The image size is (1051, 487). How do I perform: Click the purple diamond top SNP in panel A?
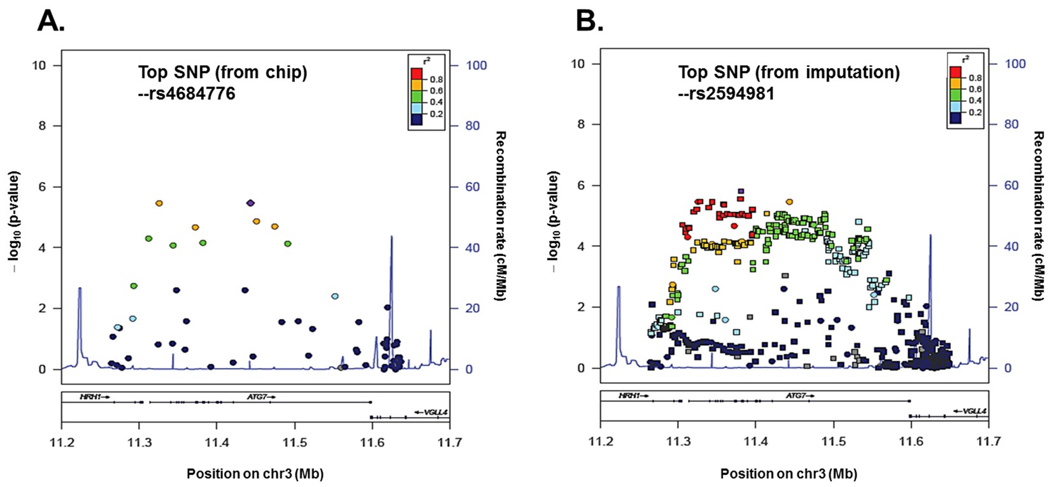tap(250, 203)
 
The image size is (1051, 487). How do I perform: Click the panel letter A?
tap(50, 21)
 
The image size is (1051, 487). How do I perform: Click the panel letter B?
tap(589, 21)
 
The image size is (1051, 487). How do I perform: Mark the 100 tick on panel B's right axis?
tap(1015, 64)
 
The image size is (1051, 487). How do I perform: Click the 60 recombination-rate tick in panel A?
tap(472, 187)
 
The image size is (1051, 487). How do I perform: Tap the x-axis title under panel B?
tap(789, 474)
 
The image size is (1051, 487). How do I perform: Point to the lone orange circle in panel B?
tap(789, 201)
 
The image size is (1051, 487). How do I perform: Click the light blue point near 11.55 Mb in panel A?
tap(334, 296)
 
